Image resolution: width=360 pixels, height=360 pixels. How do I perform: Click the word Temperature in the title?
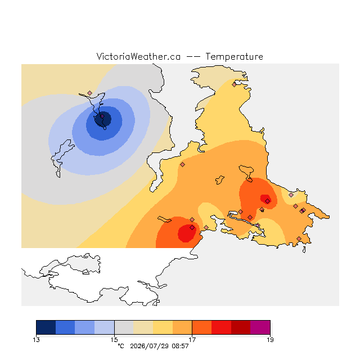234,57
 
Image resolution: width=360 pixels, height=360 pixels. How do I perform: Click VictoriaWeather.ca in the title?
138,57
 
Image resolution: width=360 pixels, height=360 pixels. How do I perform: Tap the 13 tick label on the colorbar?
36,340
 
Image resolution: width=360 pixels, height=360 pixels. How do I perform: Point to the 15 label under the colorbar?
114,340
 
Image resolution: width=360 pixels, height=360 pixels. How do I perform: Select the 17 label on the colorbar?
192,340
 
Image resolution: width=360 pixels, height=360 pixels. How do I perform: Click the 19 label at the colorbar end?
270,340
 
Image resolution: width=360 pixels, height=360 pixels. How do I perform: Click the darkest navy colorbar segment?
46,327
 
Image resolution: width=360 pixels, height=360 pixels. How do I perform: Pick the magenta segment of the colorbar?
260,327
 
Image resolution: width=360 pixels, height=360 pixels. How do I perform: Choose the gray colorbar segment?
124,327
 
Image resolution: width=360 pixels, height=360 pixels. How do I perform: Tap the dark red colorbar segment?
241,327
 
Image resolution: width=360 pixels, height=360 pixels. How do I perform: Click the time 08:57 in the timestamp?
180,346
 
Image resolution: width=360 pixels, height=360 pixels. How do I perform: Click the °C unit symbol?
121,346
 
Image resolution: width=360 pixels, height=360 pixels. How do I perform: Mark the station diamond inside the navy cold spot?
102,116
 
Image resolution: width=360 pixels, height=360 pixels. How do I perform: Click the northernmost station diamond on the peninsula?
234,84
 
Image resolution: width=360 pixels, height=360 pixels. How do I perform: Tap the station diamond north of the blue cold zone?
90,93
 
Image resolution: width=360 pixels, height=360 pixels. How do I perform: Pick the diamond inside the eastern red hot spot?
268,201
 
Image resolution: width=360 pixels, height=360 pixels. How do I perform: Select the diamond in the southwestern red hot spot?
192,227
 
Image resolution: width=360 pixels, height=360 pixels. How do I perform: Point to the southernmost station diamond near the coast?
299,238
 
